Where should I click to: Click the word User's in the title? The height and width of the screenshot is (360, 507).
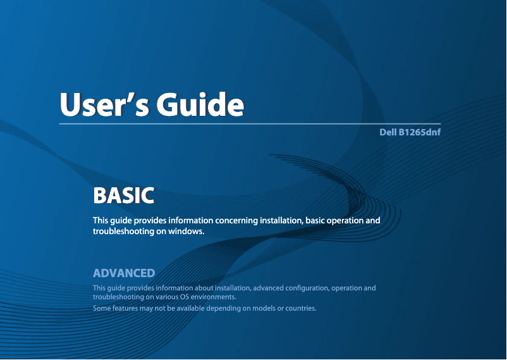coord(105,104)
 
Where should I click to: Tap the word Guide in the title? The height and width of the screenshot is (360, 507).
coord(200,104)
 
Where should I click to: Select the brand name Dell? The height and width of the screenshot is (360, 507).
coord(388,132)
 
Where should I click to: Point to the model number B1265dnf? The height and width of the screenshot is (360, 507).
coord(419,132)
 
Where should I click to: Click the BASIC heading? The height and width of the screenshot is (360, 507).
coord(123,196)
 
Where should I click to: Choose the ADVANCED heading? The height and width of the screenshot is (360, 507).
coord(124,273)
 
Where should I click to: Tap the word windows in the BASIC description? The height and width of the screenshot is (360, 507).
coord(186,231)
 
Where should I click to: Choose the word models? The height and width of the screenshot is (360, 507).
coord(262,308)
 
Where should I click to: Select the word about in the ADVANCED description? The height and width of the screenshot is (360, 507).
coord(204,288)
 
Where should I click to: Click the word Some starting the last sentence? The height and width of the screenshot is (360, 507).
coord(102,308)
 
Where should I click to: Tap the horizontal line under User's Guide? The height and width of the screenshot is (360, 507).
coord(250,123)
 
